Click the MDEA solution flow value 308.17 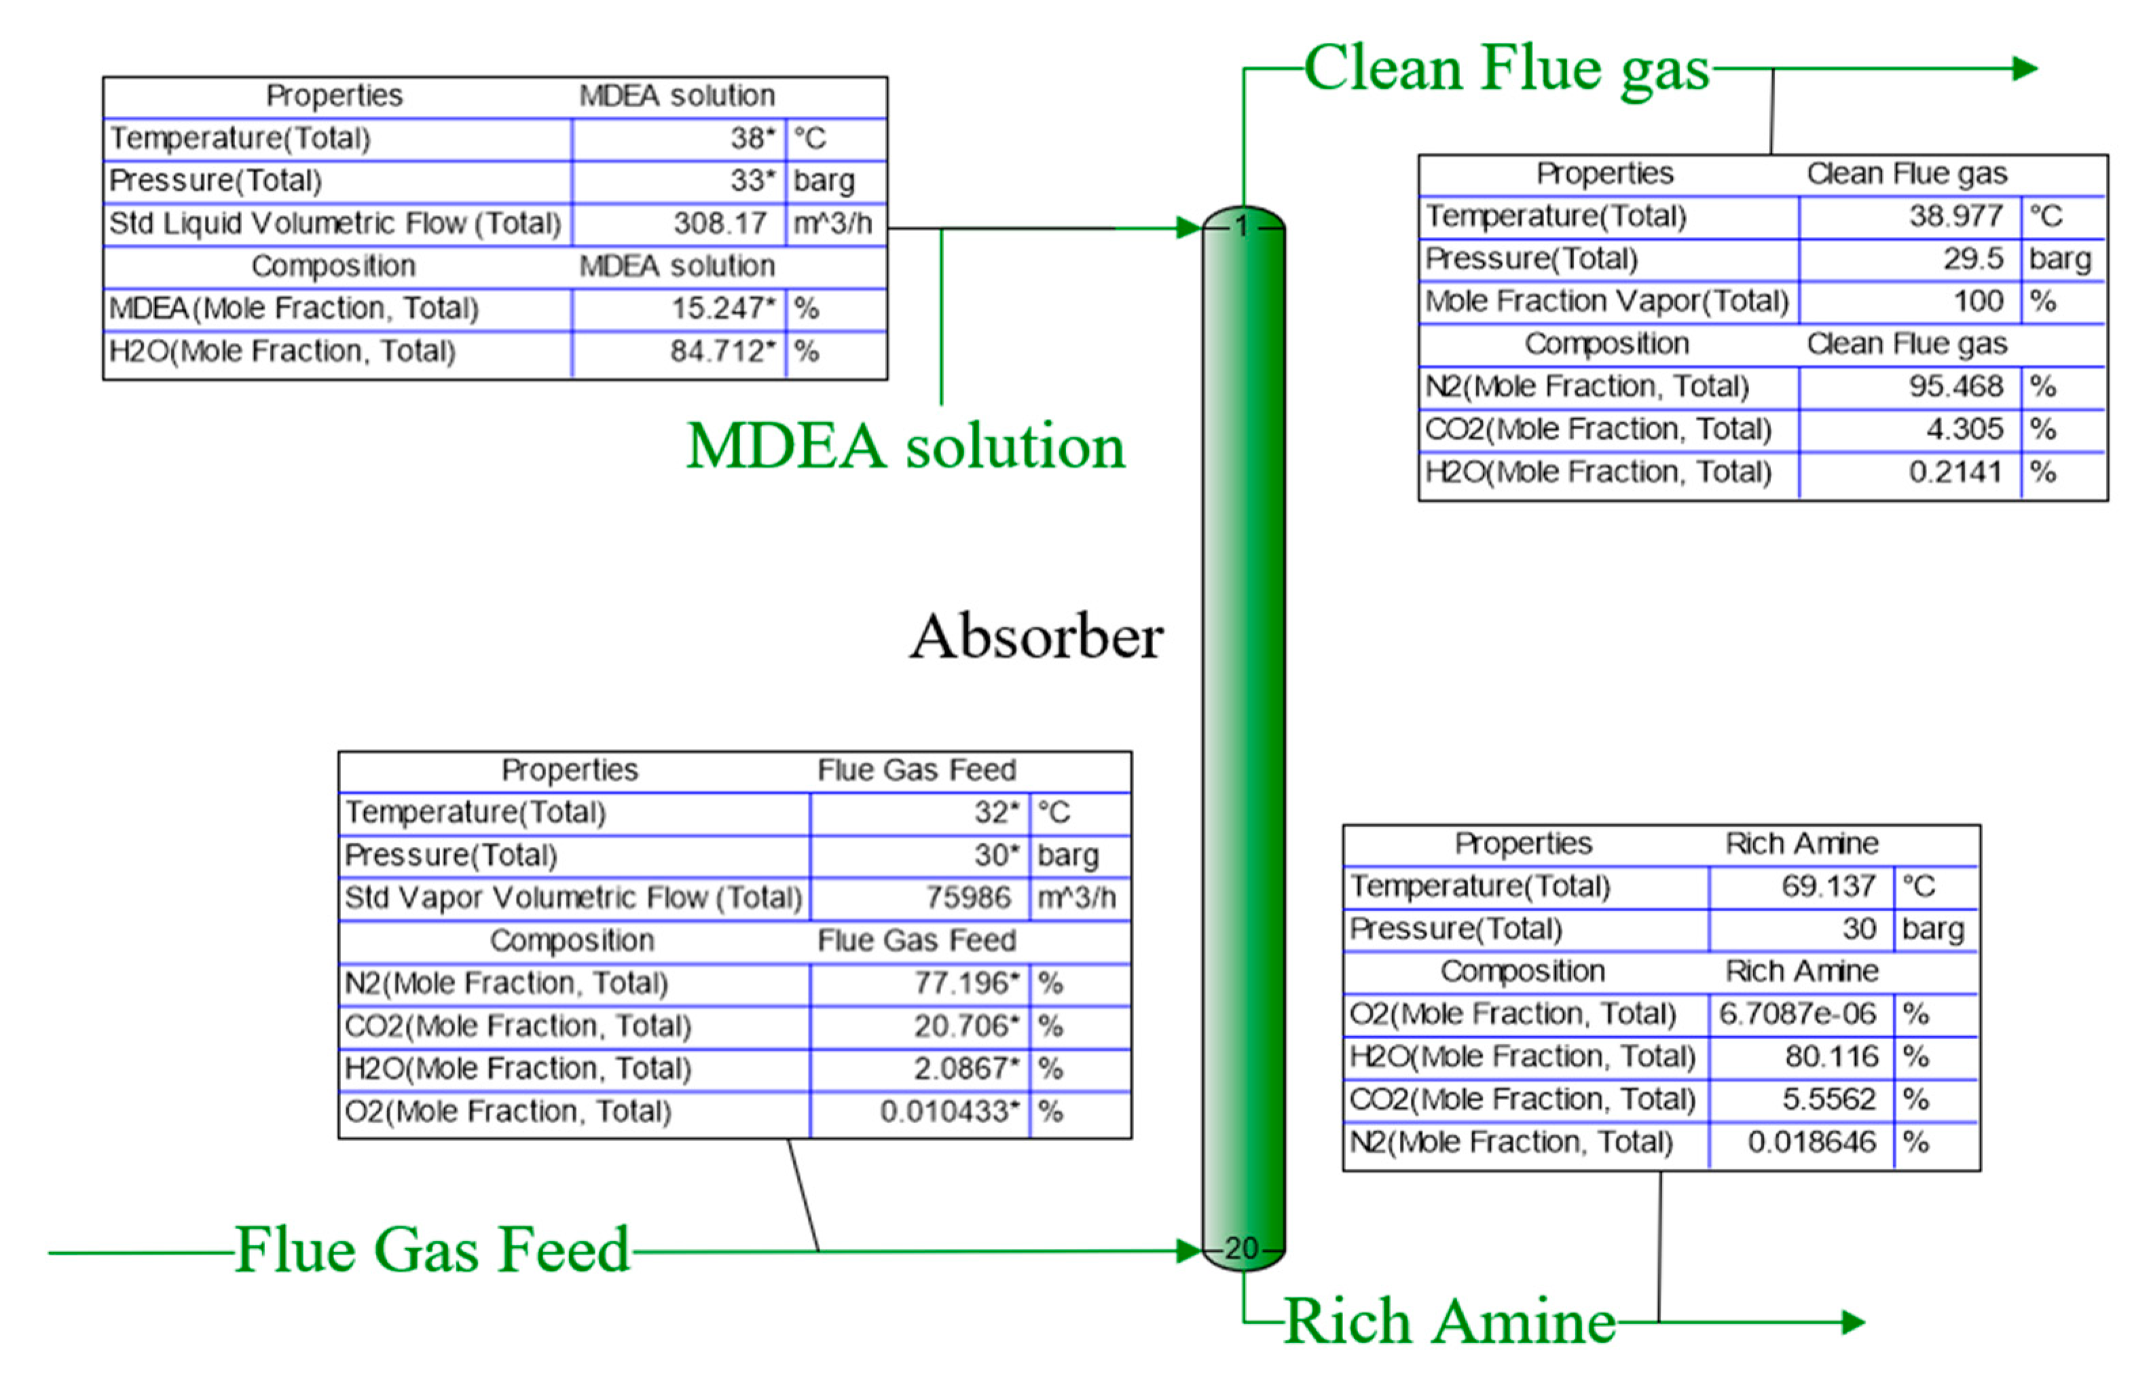point(720,223)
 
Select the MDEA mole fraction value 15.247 point(722,308)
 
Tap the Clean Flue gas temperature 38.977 point(1955,216)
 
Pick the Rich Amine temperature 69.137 point(1828,885)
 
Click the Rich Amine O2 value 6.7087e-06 point(1797,1014)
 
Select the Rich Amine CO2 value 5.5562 point(1829,1099)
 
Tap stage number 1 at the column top point(1243,227)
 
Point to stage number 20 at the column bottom point(1242,1249)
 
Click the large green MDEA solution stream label point(906,446)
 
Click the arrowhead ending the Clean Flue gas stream point(2025,69)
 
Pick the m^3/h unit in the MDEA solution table point(832,223)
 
